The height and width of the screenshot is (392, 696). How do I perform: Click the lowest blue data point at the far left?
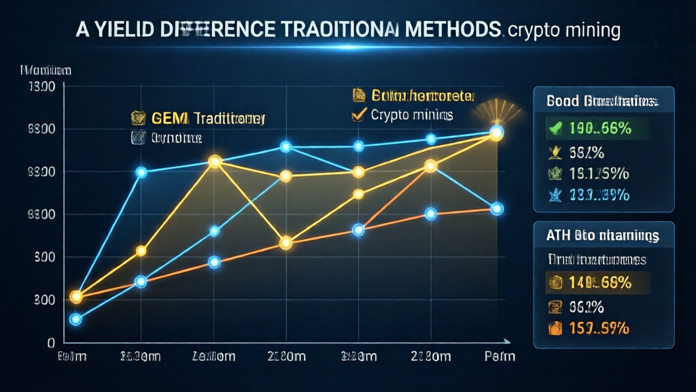[75, 319]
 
